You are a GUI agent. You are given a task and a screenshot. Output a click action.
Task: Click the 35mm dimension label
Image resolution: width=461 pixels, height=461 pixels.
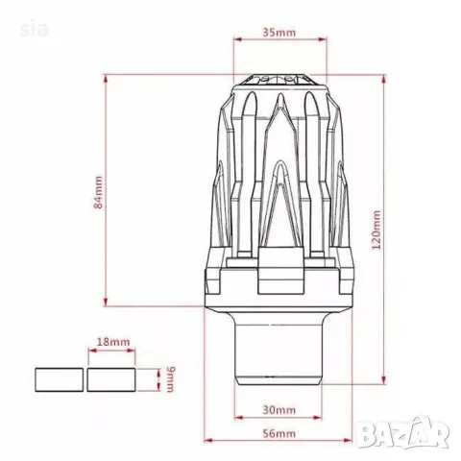(279, 33)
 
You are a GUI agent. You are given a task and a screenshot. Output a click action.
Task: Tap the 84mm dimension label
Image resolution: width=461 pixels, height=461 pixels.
(98, 192)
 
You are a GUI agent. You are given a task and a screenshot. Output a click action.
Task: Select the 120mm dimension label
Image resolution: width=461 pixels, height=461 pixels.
(376, 230)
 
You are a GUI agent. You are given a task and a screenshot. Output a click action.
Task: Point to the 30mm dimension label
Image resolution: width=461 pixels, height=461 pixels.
(279, 410)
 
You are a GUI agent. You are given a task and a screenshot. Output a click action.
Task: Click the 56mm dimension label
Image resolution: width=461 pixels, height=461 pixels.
(279, 433)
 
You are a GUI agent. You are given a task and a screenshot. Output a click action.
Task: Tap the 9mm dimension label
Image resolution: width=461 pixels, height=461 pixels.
(170, 379)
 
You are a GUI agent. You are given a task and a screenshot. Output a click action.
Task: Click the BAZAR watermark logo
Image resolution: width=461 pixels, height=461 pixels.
(402, 433)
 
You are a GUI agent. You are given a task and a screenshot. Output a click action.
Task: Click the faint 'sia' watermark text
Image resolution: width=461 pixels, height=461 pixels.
(34, 30)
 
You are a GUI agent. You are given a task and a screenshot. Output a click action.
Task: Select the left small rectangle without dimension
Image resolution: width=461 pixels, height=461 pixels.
(59, 379)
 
